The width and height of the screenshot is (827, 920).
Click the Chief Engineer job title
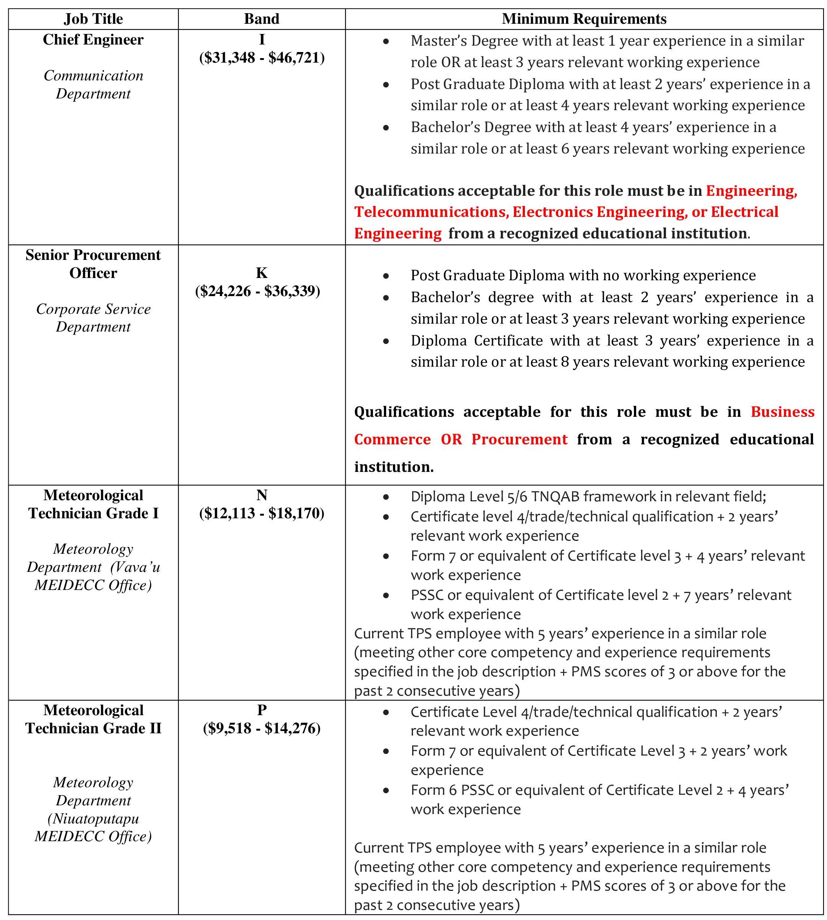click(93, 40)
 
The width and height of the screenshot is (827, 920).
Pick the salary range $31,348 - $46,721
click(262, 58)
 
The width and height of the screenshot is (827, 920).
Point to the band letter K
click(261, 273)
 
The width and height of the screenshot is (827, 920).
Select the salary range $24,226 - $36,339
click(258, 291)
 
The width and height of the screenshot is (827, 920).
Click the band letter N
click(262, 495)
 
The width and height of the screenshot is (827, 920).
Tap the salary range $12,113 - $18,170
click(262, 513)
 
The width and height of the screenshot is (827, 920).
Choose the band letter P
click(262, 710)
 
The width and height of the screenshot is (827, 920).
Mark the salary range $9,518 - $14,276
click(262, 728)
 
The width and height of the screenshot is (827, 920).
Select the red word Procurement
click(519, 439)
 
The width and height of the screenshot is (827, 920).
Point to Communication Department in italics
click(93, 84)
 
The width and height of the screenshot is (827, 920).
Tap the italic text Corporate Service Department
click(93, 318)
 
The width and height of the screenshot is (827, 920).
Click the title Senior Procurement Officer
click(93, 264)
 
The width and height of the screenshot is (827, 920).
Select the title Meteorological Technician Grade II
click(93, 719)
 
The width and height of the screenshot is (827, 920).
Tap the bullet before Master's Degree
click(386, 41)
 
